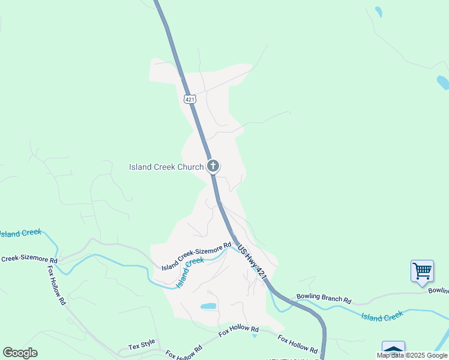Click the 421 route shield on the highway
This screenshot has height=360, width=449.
190,99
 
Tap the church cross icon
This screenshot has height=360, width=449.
212,166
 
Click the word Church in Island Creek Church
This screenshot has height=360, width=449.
185,167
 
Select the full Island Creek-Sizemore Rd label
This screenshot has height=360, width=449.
196,256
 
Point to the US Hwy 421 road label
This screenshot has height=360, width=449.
252,260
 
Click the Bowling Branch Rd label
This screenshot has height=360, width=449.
324,298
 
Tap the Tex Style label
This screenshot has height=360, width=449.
142,346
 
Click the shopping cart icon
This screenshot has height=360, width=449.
422,271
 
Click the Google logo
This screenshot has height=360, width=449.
20,353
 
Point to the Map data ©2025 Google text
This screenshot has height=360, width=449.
412,356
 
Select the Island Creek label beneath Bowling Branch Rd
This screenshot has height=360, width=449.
381,316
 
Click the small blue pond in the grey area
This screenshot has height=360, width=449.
208,306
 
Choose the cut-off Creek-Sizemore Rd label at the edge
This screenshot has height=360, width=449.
29,260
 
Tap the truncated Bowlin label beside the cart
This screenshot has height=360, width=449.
438,290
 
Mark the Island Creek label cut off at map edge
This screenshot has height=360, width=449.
20,232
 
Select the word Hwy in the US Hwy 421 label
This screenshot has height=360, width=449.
252,260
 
